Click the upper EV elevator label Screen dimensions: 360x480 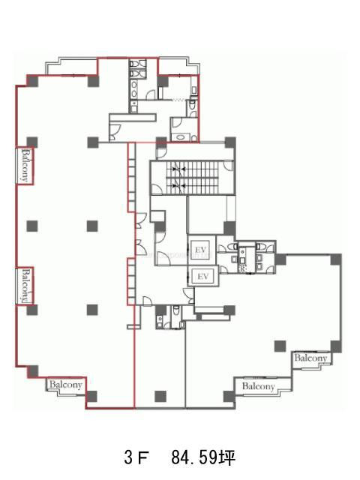201,250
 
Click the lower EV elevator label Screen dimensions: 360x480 203,277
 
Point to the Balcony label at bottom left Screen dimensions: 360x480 65,385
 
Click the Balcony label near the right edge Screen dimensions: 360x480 310,358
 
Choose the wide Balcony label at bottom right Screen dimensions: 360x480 258,386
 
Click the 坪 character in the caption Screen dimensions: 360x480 227,458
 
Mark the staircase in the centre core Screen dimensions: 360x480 192,178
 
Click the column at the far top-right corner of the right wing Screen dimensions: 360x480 336,259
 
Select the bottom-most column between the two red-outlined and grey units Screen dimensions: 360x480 160,397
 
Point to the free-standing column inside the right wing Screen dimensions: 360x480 280,346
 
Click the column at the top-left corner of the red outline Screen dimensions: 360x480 32,81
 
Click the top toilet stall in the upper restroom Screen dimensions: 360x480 137,64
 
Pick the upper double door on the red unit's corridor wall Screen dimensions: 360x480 140,220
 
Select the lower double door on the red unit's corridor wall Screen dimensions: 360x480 140,247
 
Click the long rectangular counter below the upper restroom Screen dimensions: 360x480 133,118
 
